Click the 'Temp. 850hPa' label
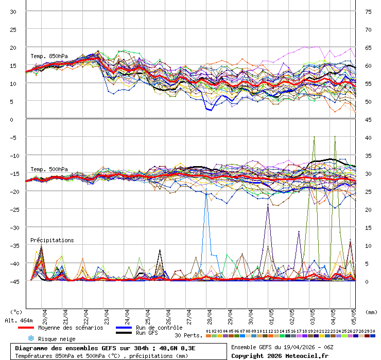49,56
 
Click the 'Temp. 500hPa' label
49,169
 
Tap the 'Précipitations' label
52,240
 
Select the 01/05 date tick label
271,314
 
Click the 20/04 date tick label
45,314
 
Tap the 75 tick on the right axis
369,11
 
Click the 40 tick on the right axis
369,137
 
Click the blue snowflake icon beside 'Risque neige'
31,338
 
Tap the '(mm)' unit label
370,312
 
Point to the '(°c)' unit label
16,312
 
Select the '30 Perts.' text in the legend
188,335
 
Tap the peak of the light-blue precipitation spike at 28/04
206,194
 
